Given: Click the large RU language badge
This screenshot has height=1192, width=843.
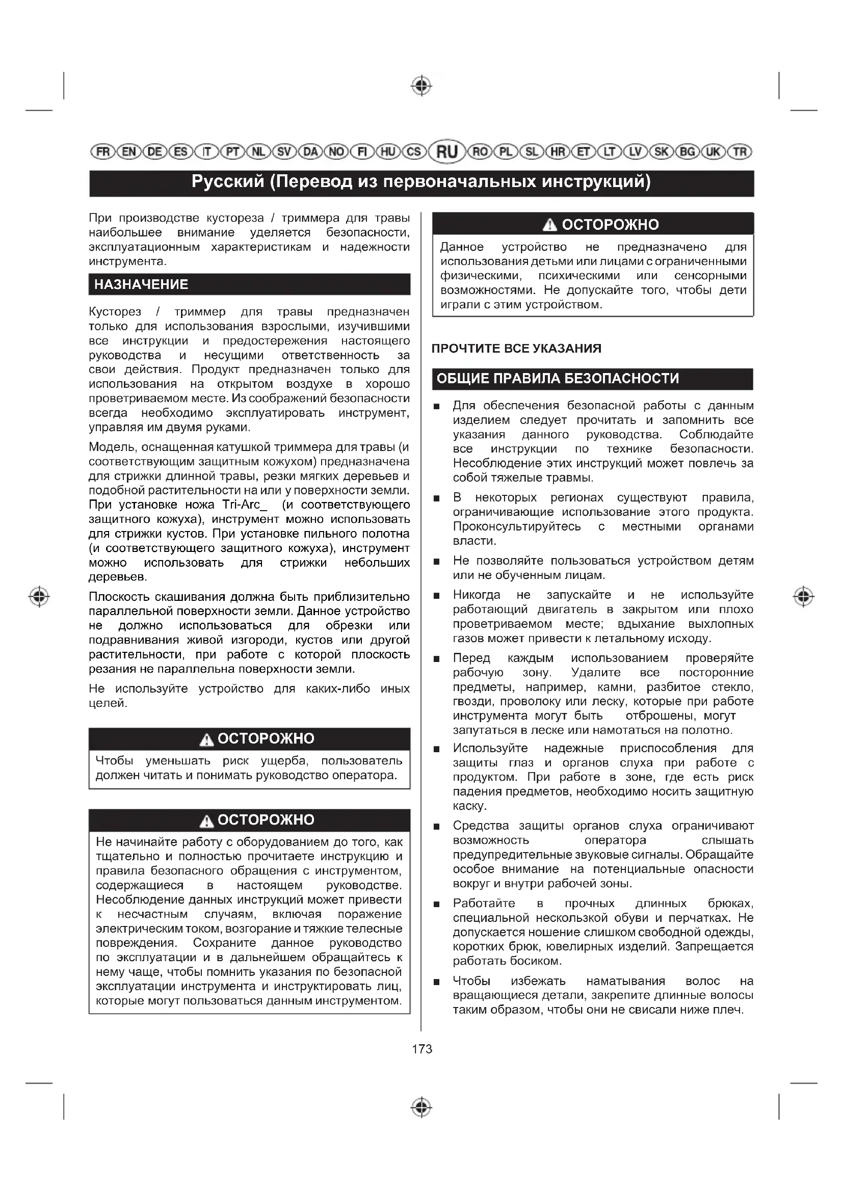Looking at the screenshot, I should [447, 151].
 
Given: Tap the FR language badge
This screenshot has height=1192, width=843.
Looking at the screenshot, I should [103, 151].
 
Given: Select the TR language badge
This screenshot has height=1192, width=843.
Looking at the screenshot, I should [740, 151].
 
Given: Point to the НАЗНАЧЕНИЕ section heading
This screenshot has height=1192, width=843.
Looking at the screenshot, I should [141, 284].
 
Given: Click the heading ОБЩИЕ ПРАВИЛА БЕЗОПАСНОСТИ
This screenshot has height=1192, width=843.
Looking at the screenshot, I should [558, 379].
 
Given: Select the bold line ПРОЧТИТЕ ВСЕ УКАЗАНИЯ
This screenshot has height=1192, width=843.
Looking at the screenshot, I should [516, 349].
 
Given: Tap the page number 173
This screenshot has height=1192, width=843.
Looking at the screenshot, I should [422, 1049].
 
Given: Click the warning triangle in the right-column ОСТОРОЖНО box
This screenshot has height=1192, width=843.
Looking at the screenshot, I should [549, 225].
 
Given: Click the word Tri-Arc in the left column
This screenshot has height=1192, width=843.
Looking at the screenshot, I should [241, 505].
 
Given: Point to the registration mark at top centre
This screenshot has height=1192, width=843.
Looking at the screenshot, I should [422, 86].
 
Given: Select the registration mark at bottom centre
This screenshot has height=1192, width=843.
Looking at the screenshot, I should [422, 1107].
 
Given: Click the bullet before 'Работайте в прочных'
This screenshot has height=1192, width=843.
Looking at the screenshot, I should [437, 905].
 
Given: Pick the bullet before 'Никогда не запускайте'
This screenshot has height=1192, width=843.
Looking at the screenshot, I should [437, 596].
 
